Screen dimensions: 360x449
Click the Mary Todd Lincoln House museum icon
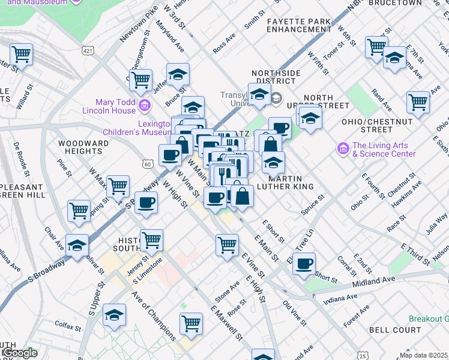coord(143,106)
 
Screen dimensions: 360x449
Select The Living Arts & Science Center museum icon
coord(343,148)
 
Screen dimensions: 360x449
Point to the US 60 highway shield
coord(147,164)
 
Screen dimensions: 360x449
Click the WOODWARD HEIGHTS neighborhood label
coord(83,148)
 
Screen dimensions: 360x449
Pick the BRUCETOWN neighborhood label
coord(395,3)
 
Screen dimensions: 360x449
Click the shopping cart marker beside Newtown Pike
coord(140,79)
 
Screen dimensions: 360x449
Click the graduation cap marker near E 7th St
coord(394,57)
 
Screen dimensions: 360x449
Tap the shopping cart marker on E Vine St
coord(227,244)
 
